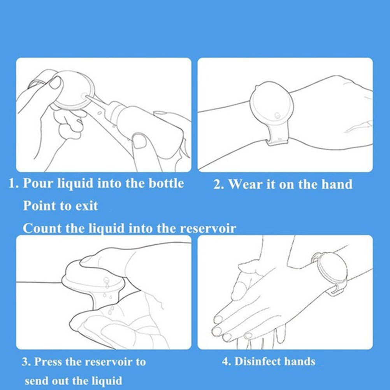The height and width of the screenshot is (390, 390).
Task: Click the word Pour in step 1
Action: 37,184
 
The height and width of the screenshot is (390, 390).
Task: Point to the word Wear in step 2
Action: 246,184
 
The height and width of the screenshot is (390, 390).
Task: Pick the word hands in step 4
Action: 300,362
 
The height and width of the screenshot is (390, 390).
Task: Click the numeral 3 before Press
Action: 25,362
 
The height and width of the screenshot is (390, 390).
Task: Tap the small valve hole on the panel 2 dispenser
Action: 277,116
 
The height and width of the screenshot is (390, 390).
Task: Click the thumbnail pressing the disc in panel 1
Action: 55,83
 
